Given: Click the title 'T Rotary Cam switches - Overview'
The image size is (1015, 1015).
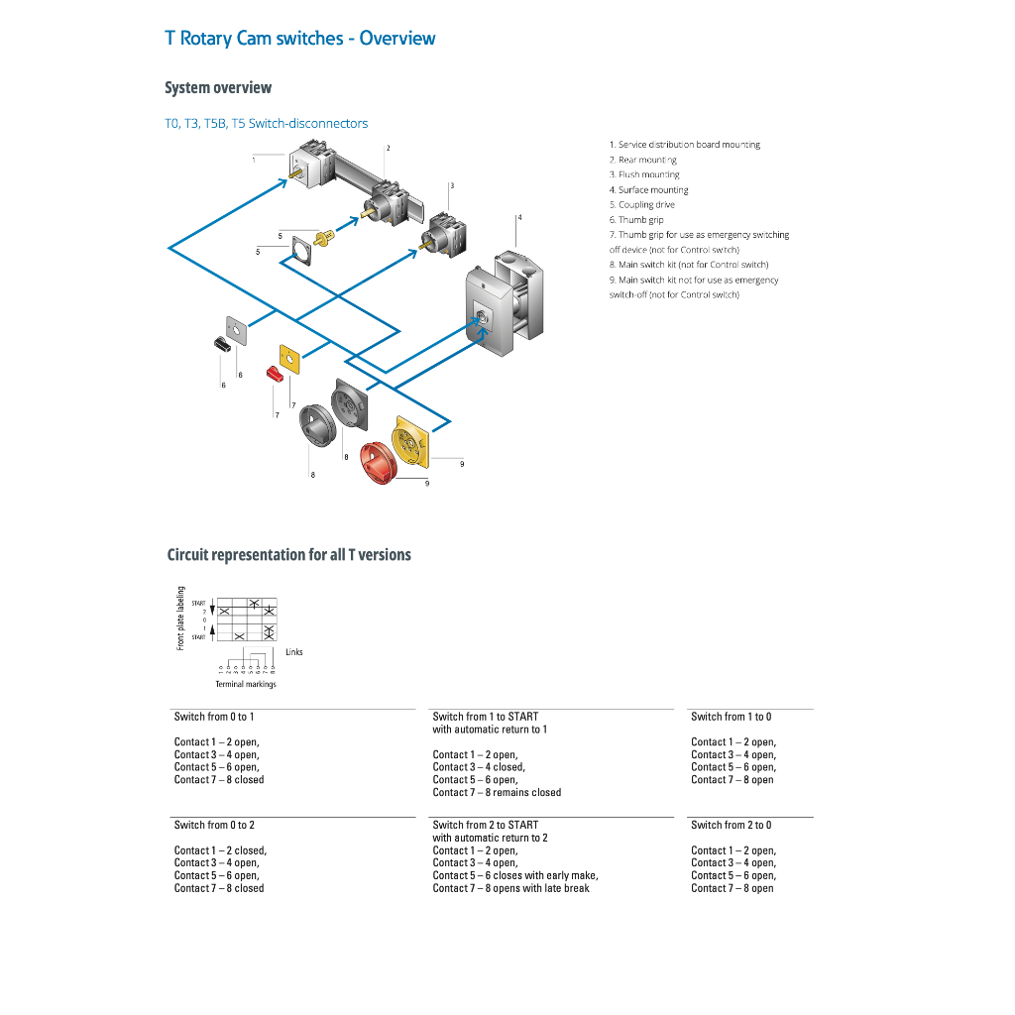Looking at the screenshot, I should tap(299, 39).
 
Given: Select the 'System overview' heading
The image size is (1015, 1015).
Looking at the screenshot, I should tap(218, 88).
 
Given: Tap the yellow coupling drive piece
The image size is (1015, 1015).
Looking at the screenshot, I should tap(322, 238).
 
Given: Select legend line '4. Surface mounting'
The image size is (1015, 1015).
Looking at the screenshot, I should tap(648, 190).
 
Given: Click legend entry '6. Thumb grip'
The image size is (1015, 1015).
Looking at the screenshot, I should tap(636, 220).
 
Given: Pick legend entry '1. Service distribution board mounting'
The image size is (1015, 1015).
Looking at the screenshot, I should tap(684, 145).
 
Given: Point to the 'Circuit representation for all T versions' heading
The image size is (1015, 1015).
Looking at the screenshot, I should tap(288, 555).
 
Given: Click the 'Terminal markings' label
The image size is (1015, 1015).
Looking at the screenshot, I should tap(246, 684).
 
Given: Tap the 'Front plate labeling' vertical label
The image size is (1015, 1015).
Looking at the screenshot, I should tap(181, 619).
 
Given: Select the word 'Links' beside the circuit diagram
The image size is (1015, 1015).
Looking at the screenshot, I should tap(294, 652).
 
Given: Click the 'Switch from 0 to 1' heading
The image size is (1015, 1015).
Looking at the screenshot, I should tap(214, 717).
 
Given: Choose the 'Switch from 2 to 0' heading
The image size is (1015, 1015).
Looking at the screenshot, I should tap(731, 825).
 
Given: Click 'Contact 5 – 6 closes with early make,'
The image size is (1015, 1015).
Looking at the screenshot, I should tap(514, 875).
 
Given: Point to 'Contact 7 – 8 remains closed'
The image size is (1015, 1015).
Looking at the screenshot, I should tap(497, 792).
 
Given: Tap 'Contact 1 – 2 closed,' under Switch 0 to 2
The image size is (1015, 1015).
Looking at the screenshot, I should tap(220, 850).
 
